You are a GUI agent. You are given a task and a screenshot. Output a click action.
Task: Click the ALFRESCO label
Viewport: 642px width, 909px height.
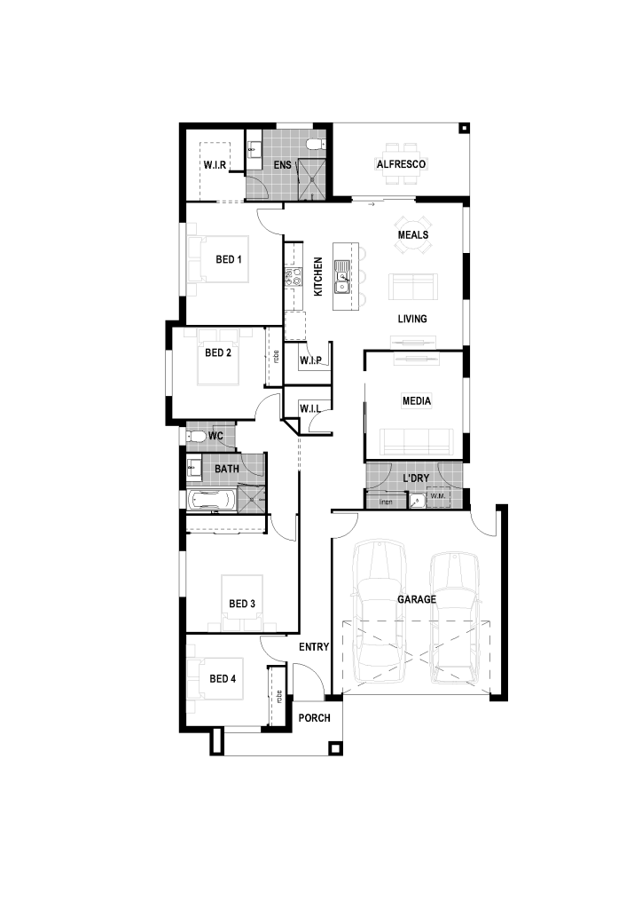point(401,164)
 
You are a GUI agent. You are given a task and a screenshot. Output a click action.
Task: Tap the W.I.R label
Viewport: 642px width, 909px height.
point(215,165)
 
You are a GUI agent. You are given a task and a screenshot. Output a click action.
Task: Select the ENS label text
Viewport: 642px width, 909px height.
point(283,165)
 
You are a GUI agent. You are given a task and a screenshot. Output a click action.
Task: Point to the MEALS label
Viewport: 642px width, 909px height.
point(412,234)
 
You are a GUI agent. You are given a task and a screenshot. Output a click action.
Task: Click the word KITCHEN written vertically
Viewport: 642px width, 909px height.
point(317,277)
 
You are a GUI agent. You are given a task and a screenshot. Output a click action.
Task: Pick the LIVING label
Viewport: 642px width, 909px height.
point(412,319)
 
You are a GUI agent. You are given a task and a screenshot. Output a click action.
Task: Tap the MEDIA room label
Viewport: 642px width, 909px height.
point(417,400)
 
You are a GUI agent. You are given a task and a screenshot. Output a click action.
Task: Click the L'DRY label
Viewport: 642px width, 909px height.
point(416,478)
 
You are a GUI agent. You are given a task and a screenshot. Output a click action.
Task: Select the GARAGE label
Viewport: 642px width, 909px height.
point(417,599)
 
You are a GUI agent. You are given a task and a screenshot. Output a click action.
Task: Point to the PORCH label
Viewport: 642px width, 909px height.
point(314,717)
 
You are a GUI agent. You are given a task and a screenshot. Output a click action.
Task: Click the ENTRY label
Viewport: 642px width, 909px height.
point(314,647)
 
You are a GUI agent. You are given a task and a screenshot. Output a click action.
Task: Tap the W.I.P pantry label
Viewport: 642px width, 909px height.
point(311,360)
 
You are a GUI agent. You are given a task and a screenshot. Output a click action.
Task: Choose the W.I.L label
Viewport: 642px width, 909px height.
point(310,408)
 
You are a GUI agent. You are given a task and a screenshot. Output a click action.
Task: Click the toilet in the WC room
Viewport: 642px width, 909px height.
point(195,437)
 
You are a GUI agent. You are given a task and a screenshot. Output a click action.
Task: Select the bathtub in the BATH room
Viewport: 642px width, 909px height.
point(211,501)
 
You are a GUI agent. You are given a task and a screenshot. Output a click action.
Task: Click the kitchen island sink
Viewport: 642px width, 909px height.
point(342,277)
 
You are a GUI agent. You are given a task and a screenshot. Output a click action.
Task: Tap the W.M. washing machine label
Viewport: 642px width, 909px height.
point(438,496)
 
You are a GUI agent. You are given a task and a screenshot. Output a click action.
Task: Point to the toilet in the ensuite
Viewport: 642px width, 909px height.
point(316,145)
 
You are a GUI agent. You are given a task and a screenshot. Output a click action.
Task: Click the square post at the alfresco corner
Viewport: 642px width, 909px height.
point(463,129)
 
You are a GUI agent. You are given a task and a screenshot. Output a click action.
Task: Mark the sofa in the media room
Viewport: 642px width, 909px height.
point(416,442)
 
